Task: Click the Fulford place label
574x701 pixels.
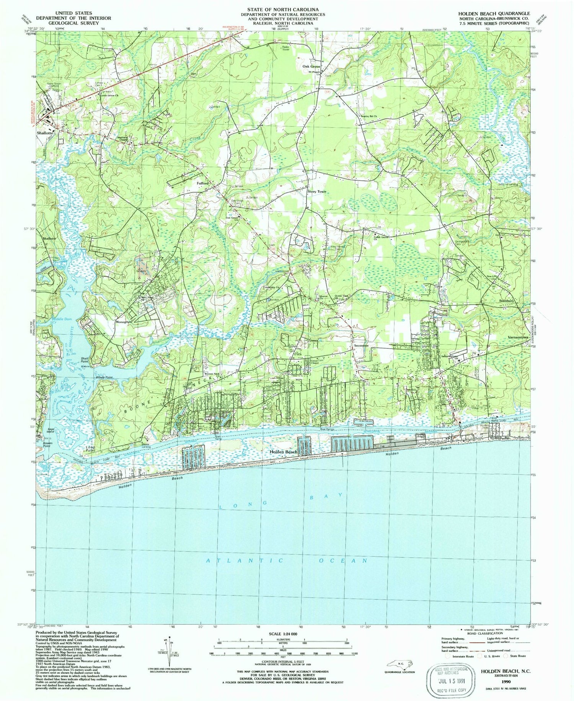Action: tap(202, 183)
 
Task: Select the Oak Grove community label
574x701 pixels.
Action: tap(311, 66)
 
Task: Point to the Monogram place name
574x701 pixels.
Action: tap(124, 322)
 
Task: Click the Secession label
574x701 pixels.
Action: tap(361, 345)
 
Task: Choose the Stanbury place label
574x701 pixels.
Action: tap(506, 301)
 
